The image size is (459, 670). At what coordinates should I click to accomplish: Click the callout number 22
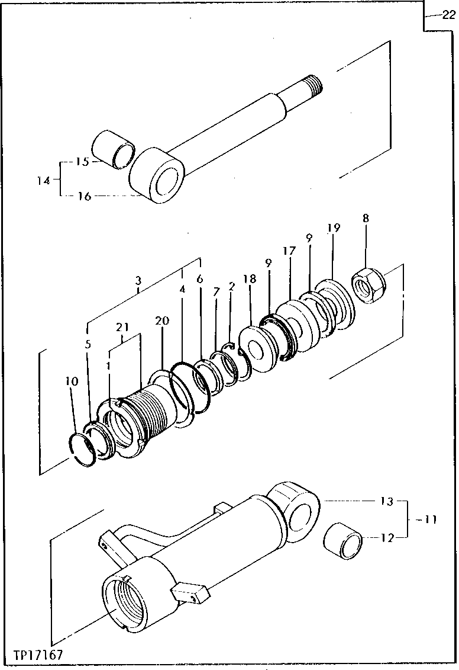click(448, 16)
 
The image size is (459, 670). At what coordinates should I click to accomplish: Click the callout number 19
click(334, 227)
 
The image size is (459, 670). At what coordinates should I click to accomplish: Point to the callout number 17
click(289, 251)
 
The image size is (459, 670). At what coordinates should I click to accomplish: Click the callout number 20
click(163, 320)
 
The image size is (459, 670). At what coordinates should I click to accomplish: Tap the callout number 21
click(122, 327)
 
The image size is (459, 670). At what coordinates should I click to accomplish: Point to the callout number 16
click(84, 196)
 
